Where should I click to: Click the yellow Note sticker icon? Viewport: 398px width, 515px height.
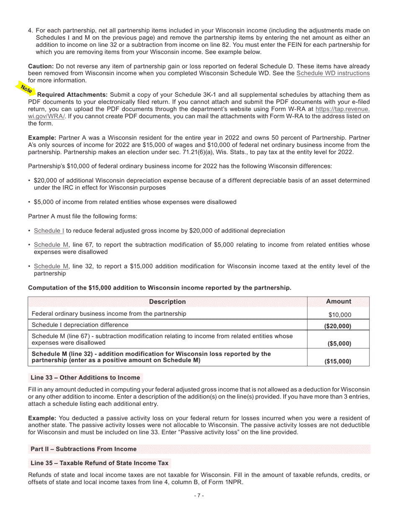[x=26, y=88]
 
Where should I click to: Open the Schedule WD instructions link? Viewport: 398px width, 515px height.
[x=333, y=73]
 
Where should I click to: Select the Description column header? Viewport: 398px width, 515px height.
[x=167, y=302]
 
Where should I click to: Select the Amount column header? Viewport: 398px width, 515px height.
[x=339, y=302]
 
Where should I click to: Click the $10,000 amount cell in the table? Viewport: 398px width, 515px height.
[x=340, y=315]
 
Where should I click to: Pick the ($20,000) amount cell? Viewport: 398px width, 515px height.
[x=338, y=326]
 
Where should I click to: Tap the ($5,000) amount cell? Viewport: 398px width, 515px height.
[x=339, y=344]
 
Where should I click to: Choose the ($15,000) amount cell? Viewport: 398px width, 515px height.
[x=338, y=361]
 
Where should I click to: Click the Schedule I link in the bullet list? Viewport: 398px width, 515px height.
[x=49, y=231]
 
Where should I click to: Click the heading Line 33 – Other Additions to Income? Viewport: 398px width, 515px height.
[x=85, y=378]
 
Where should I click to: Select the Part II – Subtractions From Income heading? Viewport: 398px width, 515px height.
[x=84, y=449]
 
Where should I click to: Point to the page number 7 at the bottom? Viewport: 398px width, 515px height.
[x=199, y=496]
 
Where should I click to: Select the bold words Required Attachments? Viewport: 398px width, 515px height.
[x=72, y=95]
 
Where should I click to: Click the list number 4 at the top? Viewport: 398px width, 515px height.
[x=30, y=31]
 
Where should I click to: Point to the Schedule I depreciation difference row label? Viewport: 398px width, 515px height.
[x=80, y=325]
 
